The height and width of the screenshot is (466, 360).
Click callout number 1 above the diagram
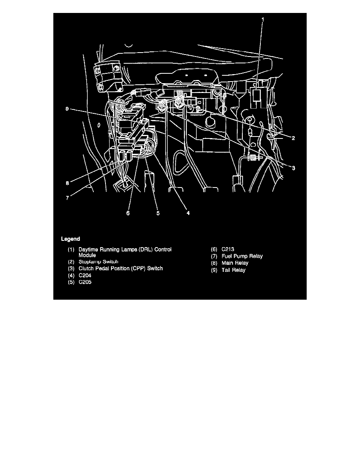pyautogui.click(x=263, y=19)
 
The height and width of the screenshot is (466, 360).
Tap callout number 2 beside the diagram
pyautogui.click(x=293, y=138)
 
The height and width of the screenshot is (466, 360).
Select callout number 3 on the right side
pyautogui.click(x=293, y=168)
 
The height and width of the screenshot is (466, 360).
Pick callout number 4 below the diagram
pyautogui.click(x=188, y=213)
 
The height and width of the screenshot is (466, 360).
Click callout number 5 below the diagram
pyautogui.click(x=158, y=213)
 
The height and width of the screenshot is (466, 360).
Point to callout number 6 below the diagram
pyautogui.click(x=128, y=213)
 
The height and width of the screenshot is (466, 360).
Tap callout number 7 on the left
pyautogui.click(x=67, y=198)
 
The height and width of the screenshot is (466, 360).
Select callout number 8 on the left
pyautogui.click(x=67, y=183)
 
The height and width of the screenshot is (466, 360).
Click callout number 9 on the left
pyautogui.click(x=67, y=109)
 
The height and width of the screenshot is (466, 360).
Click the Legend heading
pyautogui.click(x=71, y=239)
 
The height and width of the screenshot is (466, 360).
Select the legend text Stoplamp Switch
pyautogui.click(x=98, y=262)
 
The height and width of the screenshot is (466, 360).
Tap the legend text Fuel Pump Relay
pyautogui.click(x=242, y=256)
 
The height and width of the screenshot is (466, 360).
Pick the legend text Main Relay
pyautogui.click(x=235, y=263)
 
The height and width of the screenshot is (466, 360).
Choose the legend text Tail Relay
pyautogui.click(x=233, y=270)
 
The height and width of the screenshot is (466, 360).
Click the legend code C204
pyautogui.click(x=85, y=275)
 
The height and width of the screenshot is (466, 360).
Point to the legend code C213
pyautogui.click(x=228, y=249)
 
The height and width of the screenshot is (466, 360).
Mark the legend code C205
pyautogui.click(x=85, y=282)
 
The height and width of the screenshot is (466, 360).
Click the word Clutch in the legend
pyautogui.click(x=86, y=268)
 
